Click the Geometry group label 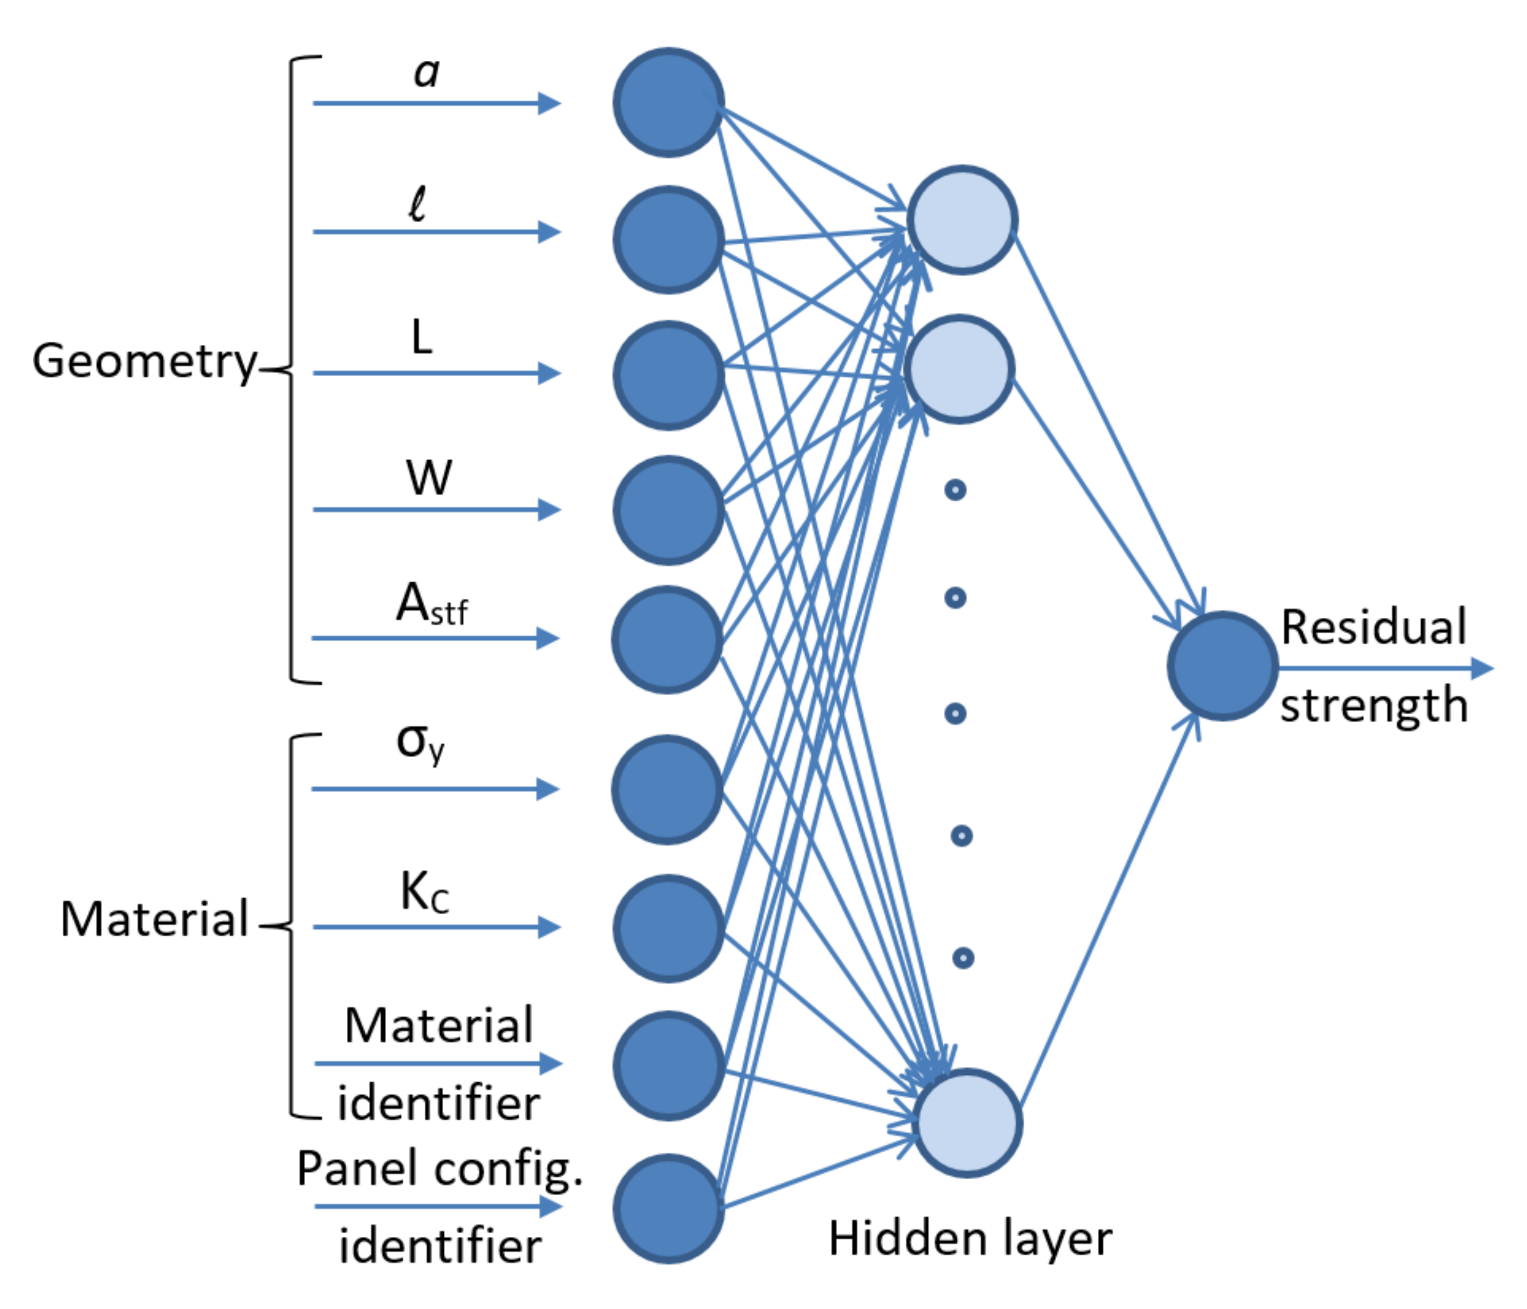point(144,361)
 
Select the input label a point(427,73)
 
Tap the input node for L point(669,375)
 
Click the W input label point(429,478)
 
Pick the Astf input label point(432,604)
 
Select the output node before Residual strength point(1222,665)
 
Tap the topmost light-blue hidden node point(962,220)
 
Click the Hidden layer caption point(970,1238)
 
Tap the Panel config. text point(439,1169)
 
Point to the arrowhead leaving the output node point(1481,668)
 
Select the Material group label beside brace point(154,919)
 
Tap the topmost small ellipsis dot point(955,489)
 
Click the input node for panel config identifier point(669,1209)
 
